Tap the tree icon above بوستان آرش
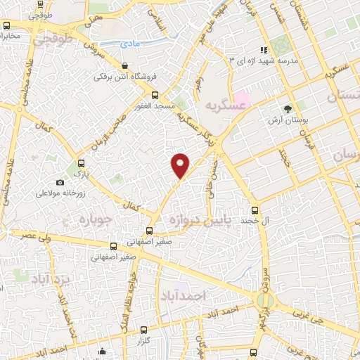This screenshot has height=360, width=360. pyautogui.click(x=287, y=108)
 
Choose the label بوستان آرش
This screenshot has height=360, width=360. pyautogui.click(x=286, y=121)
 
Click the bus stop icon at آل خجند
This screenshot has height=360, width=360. pyautogui.click(x=255, y=210)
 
